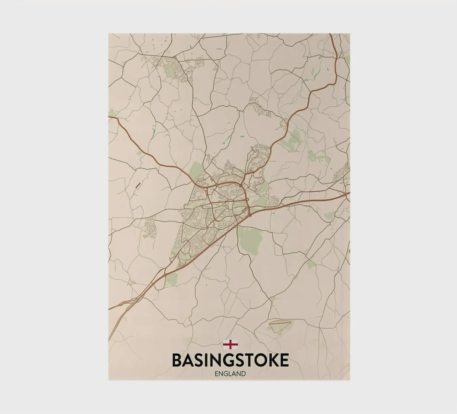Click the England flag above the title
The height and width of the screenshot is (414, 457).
click(x=230, y=344)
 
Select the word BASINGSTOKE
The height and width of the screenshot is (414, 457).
click(x=230, y=360)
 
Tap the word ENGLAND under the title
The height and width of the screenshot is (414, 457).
click(x=230, y=374)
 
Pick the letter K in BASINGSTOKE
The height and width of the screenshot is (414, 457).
click(x=271, y=360)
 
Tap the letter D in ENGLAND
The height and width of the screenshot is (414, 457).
click(x=243, y=374)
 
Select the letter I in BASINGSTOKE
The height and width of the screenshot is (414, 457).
click(x=203, y=360)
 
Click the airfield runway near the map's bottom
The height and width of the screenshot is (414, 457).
click(x=280, y=323)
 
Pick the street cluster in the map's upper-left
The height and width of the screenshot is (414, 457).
click(x=170, y=67)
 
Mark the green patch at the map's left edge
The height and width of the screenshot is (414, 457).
click(x=113, y=113)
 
